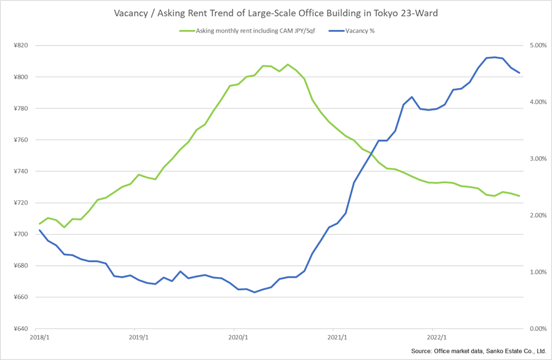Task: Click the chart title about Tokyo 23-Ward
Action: [x=276, y=13]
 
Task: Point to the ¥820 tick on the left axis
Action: [x=21, y=46]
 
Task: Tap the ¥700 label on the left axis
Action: [x=21, y=235]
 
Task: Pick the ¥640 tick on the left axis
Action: [x=21, y=329]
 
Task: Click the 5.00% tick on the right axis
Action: [x=538, y=46]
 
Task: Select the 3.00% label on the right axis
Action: [x=538, y=159]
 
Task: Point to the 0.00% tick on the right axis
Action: [x=538, y=329]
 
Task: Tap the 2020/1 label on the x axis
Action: [x=237, y=338]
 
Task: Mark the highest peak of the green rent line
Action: [x=287, y=64]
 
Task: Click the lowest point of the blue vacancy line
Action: [x=254, y=292]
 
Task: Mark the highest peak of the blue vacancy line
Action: [x=495, y=57]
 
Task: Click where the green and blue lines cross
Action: [x=371, y=153]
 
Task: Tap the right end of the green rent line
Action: [x=520, y=196]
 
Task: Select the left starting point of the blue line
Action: [x=39, y=230]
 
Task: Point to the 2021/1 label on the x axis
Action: [x=337, y=338]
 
